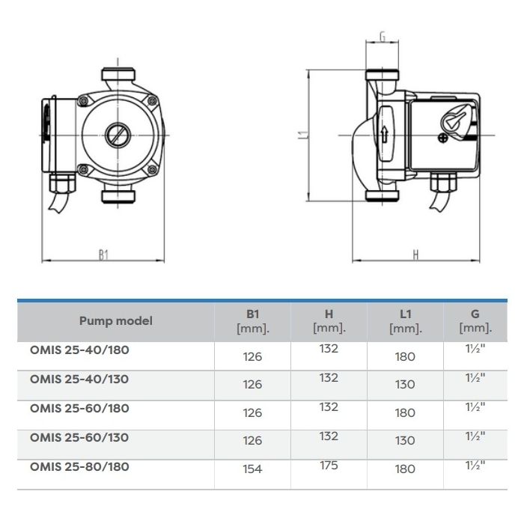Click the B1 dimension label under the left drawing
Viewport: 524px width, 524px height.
click(103, 255)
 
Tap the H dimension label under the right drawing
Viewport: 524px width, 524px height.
click(415, 255)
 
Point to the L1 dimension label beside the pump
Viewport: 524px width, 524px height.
click(302, 135)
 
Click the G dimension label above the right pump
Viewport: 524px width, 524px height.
click(383, 36)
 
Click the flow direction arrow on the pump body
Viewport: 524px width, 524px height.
click(384, 134)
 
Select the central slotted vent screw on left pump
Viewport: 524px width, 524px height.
click(118, 135)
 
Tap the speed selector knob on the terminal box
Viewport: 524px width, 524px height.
click(457, 120)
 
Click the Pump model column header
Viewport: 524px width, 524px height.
click(116, 321)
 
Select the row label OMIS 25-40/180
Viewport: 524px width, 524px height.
click(79, 350)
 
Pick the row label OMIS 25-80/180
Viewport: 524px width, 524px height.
click(79, 466)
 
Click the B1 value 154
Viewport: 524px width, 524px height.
click(253, 469)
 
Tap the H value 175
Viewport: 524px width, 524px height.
click(329, 465)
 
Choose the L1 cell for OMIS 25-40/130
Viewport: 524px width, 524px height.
click(405, 384)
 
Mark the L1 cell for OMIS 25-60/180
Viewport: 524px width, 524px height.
click(405, 412)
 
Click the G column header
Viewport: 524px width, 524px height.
click(475, 321)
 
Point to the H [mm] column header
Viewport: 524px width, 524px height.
click(329, 321)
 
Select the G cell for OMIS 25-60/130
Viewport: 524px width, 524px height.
click(475, 436)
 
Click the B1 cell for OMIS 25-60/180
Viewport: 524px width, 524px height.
click(253, 412)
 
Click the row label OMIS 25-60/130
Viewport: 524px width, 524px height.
click(79, 437)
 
